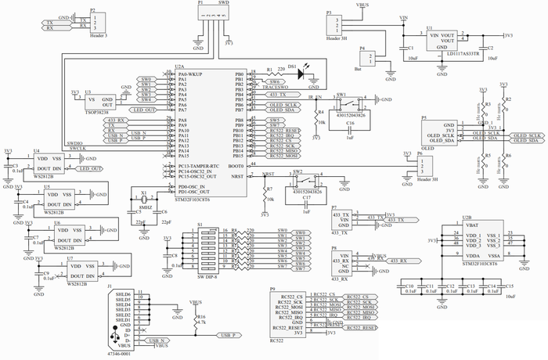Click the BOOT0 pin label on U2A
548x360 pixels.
click(235, 165)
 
